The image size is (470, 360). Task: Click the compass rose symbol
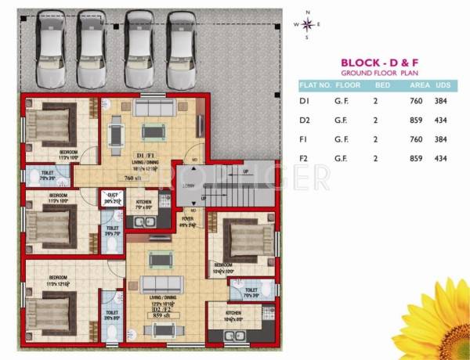tap(307, 24)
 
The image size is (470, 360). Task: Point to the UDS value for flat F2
tap(440, 159)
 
